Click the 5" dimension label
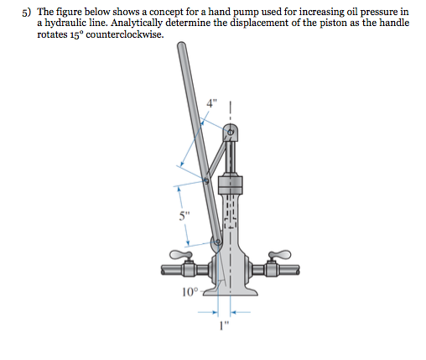point(184,216)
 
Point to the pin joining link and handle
point(206,179)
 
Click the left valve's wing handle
point(180,253)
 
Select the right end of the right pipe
point(297,271)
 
